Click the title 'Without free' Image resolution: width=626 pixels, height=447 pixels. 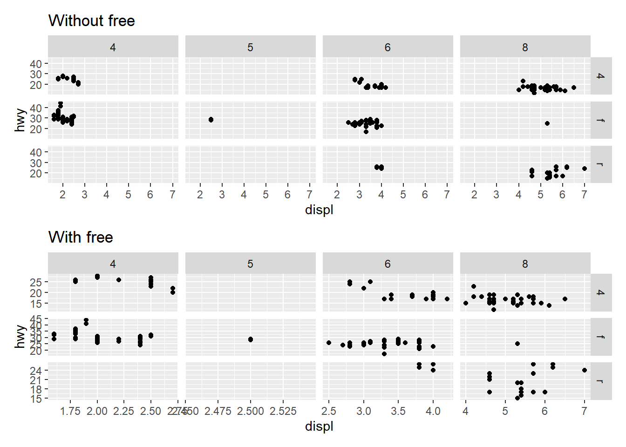(x=91, y=21)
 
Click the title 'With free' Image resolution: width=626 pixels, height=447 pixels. (x=81, y=237)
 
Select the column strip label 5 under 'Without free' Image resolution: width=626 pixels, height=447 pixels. (x=250, y=47)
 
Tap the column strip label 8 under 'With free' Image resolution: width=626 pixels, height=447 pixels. (x=525, y=264)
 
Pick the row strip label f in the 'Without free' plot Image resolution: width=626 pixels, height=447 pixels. (x=601, y=120)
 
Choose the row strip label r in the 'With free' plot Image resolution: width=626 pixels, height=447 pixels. (x=601, y=381)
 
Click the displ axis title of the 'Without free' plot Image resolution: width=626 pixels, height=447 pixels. (x=319, y=210)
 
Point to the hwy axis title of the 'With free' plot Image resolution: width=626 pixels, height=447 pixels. (x=20, y=336)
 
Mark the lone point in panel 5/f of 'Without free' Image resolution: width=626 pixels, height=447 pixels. (x=211, y=120)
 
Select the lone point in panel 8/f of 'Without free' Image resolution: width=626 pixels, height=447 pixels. (x=547, y=123)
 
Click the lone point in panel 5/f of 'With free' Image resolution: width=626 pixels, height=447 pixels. (x=251, y=339)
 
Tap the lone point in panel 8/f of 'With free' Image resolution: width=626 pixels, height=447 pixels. (x=517, y=344)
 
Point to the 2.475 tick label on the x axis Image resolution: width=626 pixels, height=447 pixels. (x=218, y=411)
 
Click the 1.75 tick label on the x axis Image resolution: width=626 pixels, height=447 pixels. (x=70, y=411)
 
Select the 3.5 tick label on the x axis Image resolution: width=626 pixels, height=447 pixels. (x=398, y=411)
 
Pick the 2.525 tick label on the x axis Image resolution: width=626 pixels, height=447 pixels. (x=283, y=411)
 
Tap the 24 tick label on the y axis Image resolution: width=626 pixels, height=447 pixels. (x=36, y=371)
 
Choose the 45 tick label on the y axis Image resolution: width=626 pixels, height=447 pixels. (x=36, y=319)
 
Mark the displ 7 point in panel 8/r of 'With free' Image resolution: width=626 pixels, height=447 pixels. (x=585, y=370)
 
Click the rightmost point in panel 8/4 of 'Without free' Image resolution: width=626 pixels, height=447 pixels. (x=574, y=88)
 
